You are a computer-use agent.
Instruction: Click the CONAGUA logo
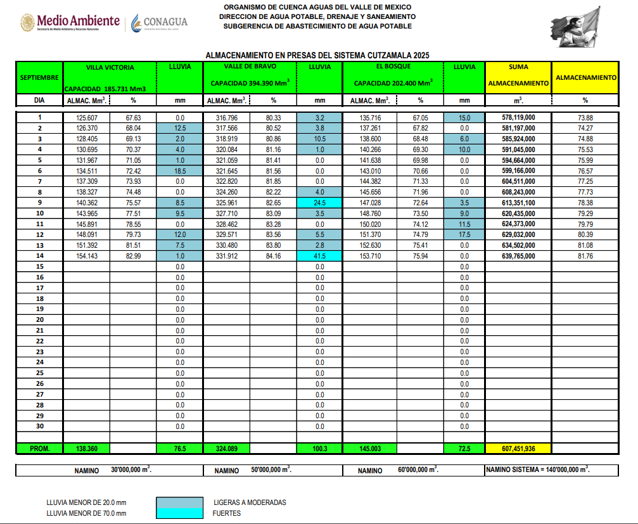(x=159, y=23)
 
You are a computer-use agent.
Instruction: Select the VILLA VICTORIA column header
(x=110, y=67)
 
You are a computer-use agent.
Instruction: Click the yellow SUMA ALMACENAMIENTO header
(x=518, y=75)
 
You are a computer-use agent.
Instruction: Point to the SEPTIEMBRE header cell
(x=39, y=77)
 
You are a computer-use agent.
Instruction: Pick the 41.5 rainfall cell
(x=319, y=256)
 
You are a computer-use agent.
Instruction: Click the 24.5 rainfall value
(x=319, y=203)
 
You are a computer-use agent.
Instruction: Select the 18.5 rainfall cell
(x=179, y=170)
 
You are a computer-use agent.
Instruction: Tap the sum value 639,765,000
(x=518, y=256)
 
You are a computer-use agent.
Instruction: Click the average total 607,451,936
(x=518, y=448)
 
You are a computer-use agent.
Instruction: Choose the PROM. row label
(x=39, y=448)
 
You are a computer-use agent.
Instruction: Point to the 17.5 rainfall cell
(x=464, y=234)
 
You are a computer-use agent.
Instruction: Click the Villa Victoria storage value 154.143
(x=86, y=256)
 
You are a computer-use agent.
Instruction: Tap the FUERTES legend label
(x=227, y=513)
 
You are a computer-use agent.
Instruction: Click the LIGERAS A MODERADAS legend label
(x=250, y=502)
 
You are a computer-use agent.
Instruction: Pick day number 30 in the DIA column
(x=39, y=426)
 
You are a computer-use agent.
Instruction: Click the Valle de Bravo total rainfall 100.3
(x=319, y=448)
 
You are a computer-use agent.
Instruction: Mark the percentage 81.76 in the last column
(x=585, y=256)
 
